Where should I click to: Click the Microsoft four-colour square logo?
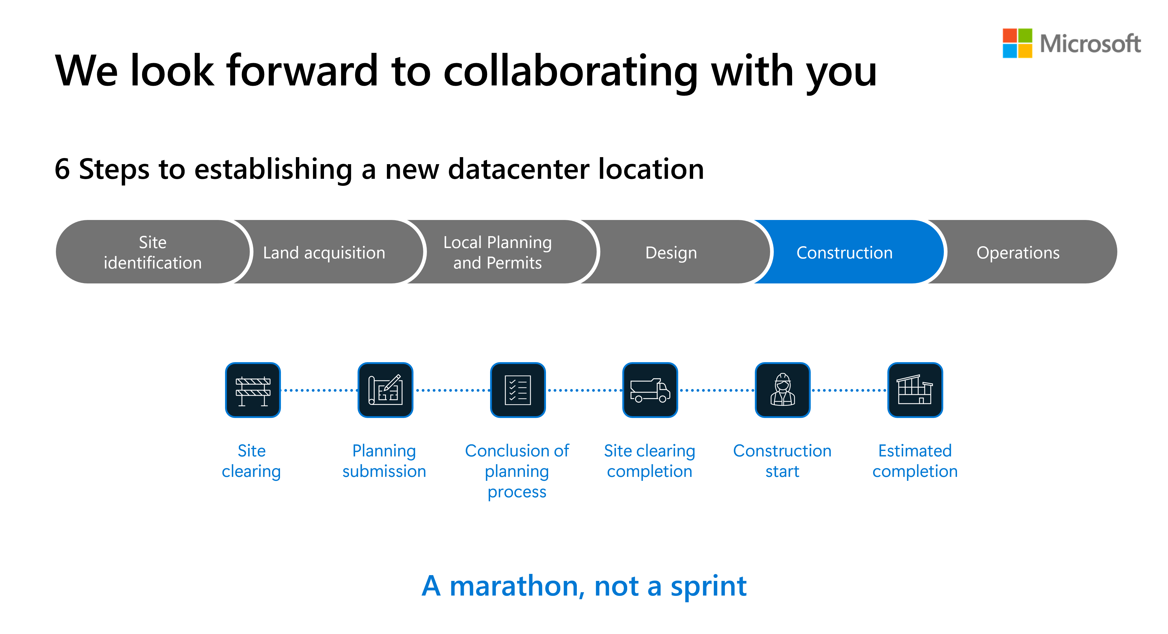pyautogui.click(x=1017, y=43)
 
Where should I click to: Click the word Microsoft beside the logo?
pyautogui.click(x=1090, y=44)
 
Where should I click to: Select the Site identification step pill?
pyautogui.click(x=153, y=252)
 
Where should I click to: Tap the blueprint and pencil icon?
pyautogui.click(x=385, y=390)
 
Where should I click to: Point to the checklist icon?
pyautogui.click(x=518, y=390)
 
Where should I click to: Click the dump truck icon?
pyautogui.click(x=650, y=390)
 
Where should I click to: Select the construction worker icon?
pyautogui.click(x=783, y=390)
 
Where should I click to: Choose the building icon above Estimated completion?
pyautogui.click(x=915, y=390)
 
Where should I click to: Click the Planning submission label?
pyautogui.click(x=384, y=461)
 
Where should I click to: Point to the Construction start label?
pyautogui.click(x=782, y=461)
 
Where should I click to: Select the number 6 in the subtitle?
pyautogui.click(x=62, y=169)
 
